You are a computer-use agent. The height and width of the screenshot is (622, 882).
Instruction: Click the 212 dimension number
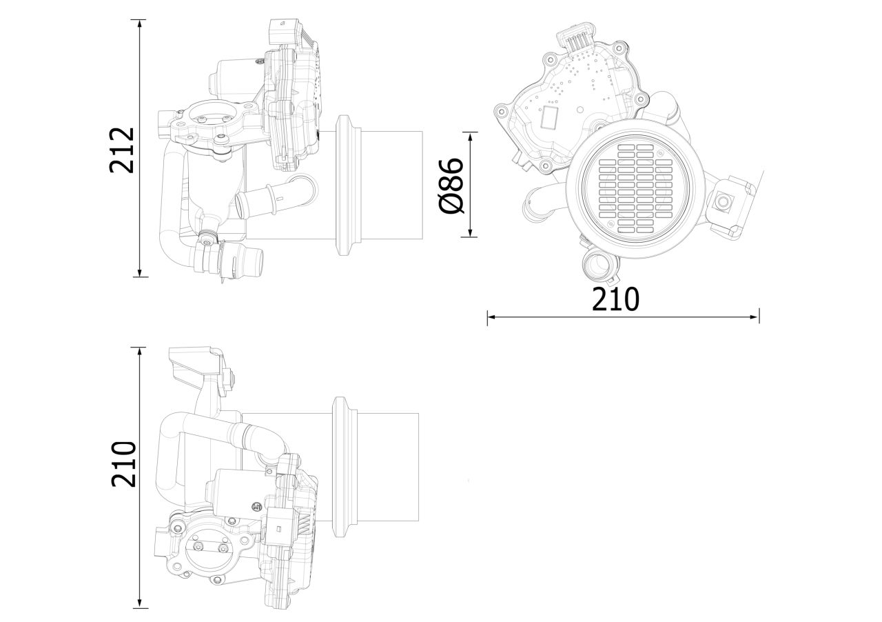(x=122, y=149)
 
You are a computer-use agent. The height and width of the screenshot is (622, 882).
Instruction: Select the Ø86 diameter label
(x=452, y=185)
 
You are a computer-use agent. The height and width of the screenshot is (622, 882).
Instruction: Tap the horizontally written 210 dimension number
(x=616, y=299)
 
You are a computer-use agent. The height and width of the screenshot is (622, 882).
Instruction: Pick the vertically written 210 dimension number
(x=125, y=465)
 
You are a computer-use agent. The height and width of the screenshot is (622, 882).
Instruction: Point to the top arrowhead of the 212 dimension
(x=141, y=23)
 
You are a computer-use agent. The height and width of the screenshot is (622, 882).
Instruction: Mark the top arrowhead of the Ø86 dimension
(x=471, y=137)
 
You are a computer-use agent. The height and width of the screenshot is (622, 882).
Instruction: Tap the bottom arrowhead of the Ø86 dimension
(x=471, y=233)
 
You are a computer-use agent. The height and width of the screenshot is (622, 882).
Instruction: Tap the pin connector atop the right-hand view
(x=577, y=40)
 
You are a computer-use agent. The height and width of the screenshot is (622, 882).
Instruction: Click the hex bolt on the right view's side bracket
(x=723, y=202)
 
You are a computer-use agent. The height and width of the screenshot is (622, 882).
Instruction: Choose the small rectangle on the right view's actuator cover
(x=549, y=118)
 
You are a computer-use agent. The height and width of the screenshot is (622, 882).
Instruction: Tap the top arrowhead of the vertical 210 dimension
(x=141, y=351)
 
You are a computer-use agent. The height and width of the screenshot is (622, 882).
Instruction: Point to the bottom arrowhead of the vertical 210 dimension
(x=141, y=603)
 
